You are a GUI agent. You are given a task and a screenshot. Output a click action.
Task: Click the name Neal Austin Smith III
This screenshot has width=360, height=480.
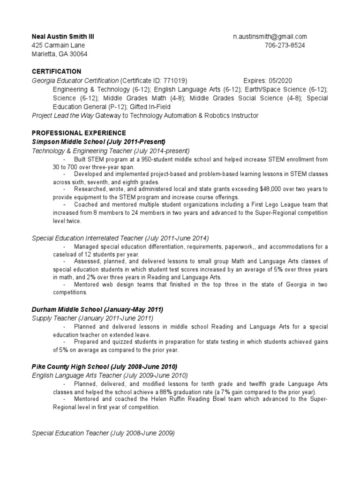[x=66, y=37]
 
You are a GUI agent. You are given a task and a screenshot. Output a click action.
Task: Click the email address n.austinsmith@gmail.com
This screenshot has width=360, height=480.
[x=270, y=37]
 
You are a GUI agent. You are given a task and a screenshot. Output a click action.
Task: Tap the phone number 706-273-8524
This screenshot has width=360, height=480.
[x=285, y=45]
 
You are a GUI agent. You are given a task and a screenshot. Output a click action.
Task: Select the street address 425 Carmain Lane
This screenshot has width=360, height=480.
[x=59, y=45]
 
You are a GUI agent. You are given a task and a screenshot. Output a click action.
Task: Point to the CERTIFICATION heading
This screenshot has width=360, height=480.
[x=56, y=71]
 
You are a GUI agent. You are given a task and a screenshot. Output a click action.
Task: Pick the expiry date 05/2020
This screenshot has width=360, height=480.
[x=280, y=80]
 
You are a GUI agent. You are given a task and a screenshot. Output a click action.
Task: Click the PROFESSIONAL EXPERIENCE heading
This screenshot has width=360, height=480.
[x=78, y=133]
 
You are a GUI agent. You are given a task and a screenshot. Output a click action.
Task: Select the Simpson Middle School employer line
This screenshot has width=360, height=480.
[x=98, y=142]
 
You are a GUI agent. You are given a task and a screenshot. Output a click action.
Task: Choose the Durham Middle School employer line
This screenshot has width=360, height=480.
[x=97, y=309]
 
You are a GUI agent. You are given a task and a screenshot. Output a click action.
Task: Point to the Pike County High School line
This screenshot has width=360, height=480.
[x=104, y=367]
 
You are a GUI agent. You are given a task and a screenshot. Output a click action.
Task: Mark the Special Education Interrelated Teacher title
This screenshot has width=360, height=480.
[x=120, y=238]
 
